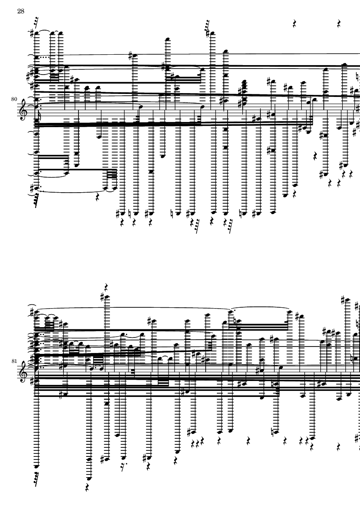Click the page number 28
click(x=20, y=11)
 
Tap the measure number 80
click(x=14, y=99)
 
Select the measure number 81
click(x=14, y=361)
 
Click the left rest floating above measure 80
click(x=295, y=24)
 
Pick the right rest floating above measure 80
click(x=339, y=24)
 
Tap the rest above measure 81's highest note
click(x=106, y=287)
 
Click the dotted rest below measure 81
click(x=123, y=467)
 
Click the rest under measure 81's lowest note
click(x=87, y=487)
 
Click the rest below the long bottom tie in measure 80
click(x=98, y=197)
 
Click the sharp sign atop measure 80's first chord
click(x=32, y=34)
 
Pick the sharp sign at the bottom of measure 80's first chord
click(x=32, y=188)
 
